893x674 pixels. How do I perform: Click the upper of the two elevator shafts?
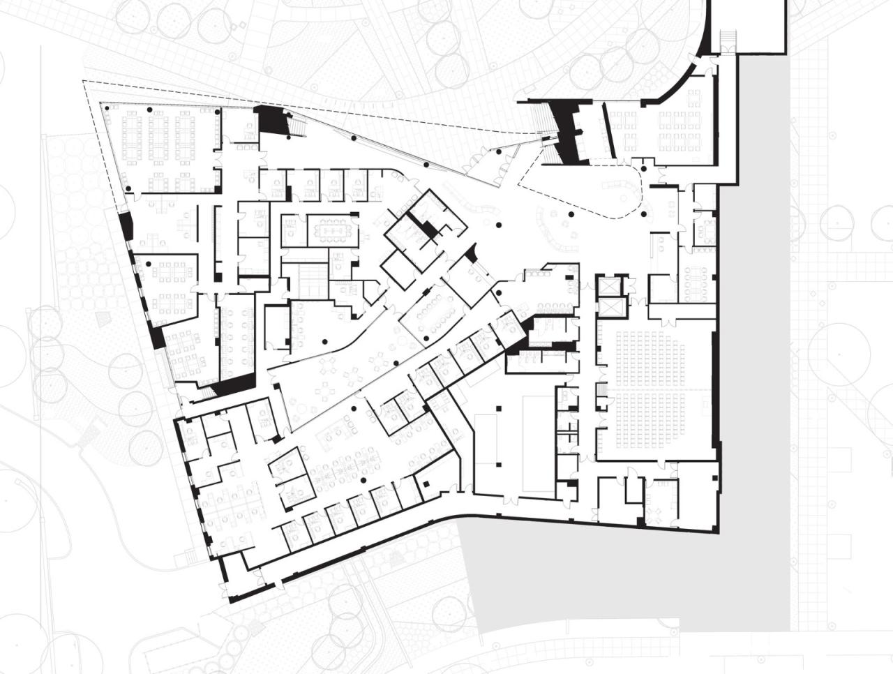click(607, 287)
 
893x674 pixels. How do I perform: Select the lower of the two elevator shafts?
click(607, 307)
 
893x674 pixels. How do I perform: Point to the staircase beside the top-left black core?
click(297, 125)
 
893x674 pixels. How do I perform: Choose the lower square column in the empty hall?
click(499, 464)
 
